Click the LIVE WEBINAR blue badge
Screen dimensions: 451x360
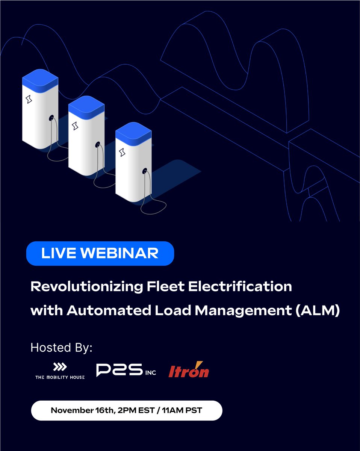(100, 253)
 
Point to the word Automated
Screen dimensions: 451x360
(98, 310)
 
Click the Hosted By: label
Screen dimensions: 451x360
(61, 347)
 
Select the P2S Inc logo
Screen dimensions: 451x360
(126, 370)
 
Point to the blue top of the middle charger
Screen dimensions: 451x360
(86, 105)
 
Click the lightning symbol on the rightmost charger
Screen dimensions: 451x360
(122, 152)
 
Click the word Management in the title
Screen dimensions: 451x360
(238, 310)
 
